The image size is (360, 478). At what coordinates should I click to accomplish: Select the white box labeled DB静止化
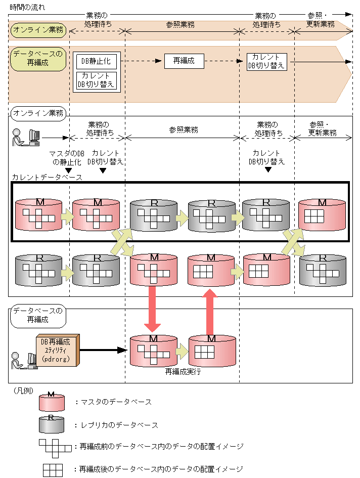tap(96, 61)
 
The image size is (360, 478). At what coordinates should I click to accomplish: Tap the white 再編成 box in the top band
tap(184, 61)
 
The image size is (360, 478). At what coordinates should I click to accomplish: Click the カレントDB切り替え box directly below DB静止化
tap(96, 80)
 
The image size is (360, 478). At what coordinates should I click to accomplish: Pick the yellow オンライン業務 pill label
tap(38, 30)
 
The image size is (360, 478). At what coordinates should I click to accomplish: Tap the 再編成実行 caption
tap(183, 372)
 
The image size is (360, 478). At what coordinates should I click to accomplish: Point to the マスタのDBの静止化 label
tap(67, 158)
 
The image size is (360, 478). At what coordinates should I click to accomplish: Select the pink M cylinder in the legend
tap(52, 402)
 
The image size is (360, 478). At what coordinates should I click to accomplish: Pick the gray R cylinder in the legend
tap(52, 425)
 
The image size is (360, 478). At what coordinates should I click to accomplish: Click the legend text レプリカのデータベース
tap(116, 425)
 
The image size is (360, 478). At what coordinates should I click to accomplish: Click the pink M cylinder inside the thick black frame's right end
tap(322, 214)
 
